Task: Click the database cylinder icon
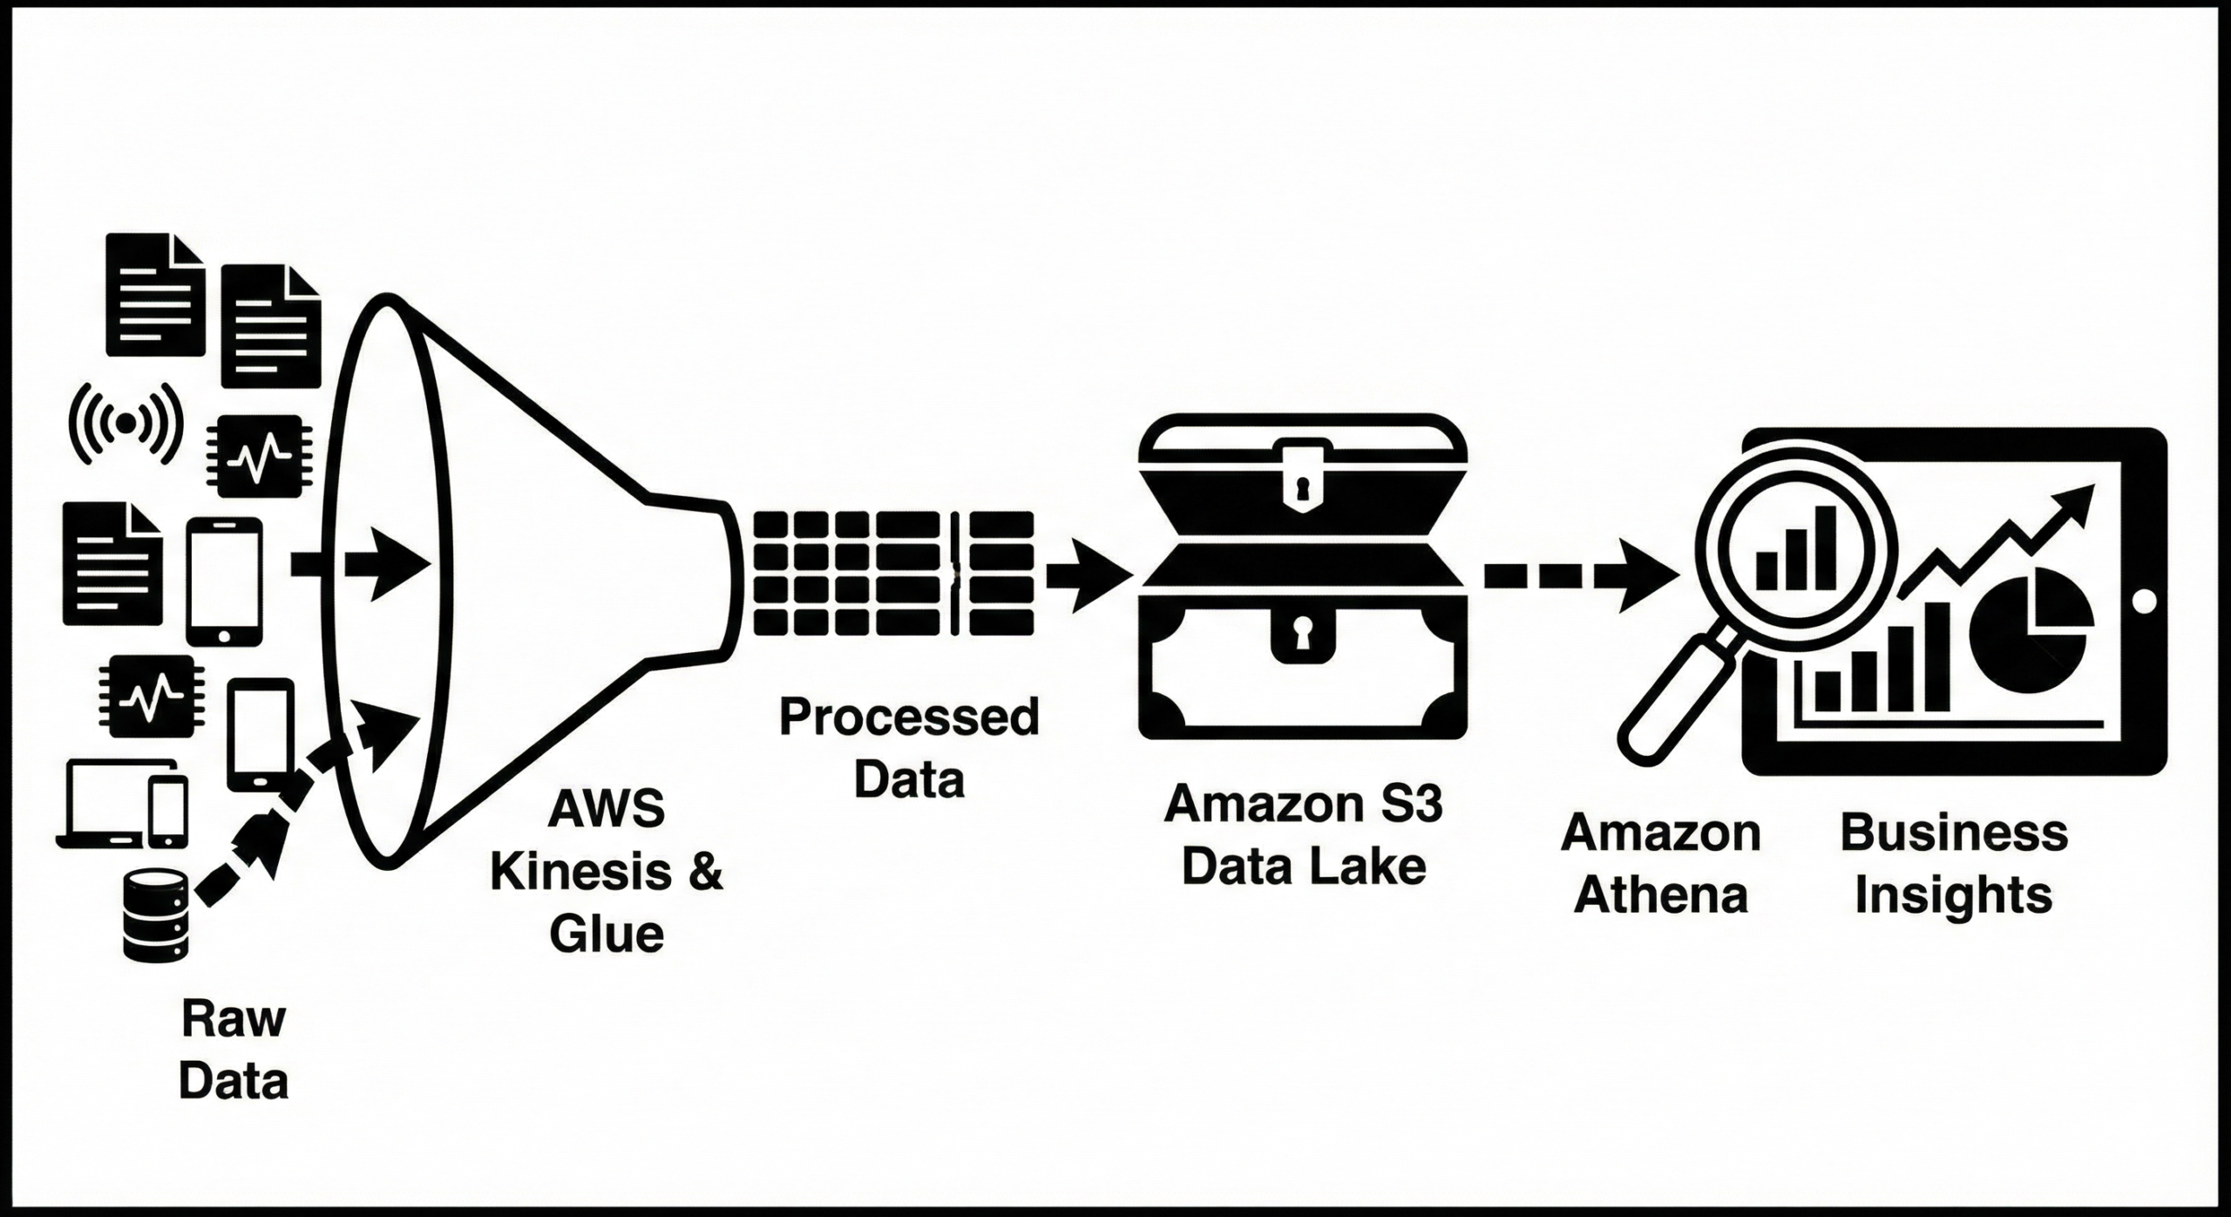coord(156,914)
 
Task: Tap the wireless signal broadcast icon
coord(126,424)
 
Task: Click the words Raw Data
coord(233,1050)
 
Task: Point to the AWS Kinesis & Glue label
coord(607,872)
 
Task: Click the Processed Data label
coord(909,748)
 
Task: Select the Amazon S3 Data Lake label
coord(1303,834)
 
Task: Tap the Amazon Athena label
coord(1661,864)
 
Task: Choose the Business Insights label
coord(1954,864)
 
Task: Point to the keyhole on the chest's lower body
coord(1302,633)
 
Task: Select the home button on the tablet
coord(2146,602)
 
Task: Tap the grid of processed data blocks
coord(893,573)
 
